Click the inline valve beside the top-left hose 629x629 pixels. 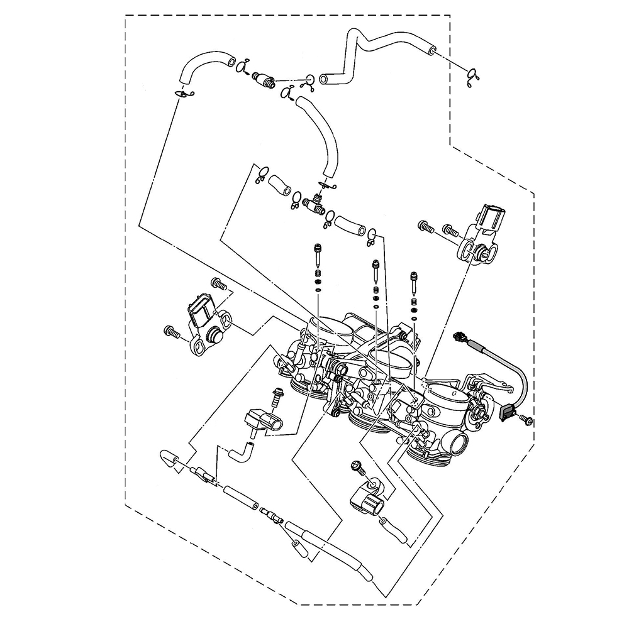(265, 80)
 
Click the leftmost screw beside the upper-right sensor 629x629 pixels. (425, 226)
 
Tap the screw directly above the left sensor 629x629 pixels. (218, 283)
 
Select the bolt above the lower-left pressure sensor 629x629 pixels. (277, 397)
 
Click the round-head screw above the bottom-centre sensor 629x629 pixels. (357, 466)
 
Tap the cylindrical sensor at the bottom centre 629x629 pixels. (367, 501)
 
